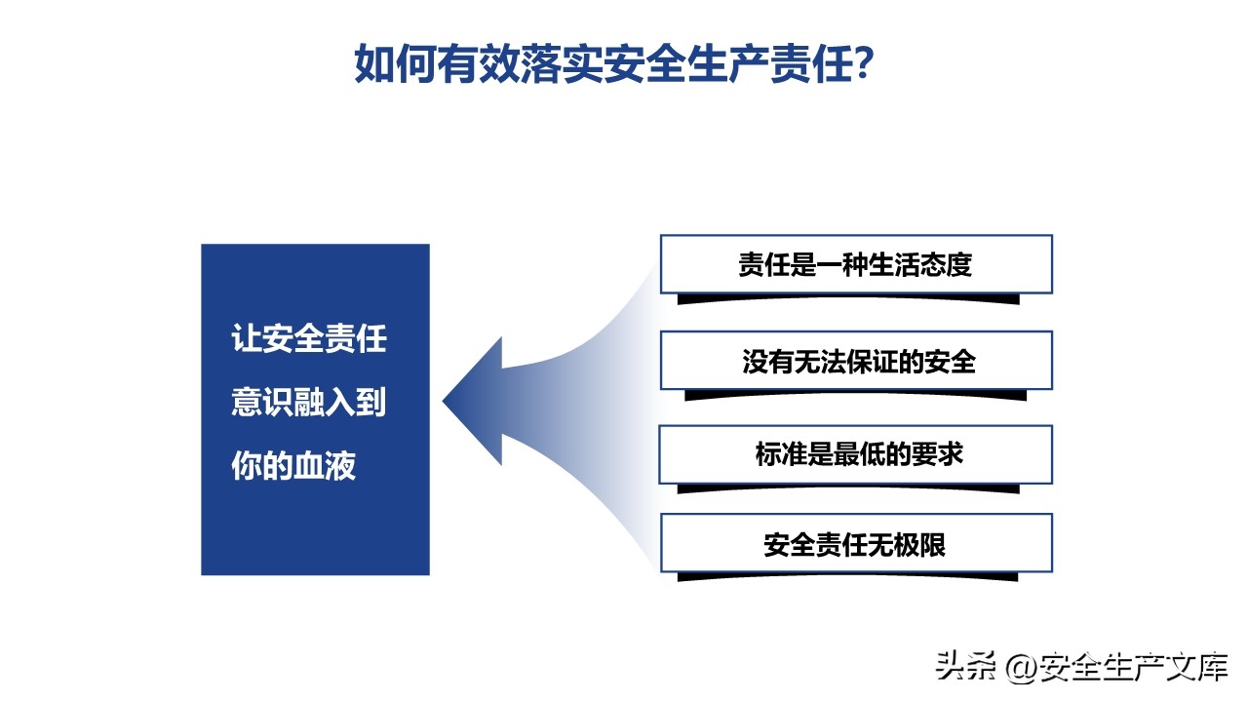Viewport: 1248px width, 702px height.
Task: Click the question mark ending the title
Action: tap(864, 63)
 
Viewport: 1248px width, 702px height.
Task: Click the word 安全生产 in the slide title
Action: tap(687, 63)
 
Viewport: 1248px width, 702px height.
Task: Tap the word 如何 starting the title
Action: tap(396, 63)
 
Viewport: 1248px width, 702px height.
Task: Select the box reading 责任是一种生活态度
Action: tap(856, 264)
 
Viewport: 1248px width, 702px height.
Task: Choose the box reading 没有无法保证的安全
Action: tap(856, 361)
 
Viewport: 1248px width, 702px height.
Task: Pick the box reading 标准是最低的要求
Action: tap(856, 454)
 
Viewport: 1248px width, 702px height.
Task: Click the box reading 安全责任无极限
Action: tap(856, 543)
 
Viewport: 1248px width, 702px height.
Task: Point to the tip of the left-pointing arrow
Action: tap(443, 401)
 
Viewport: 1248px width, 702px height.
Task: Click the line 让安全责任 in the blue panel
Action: tap(309, 338)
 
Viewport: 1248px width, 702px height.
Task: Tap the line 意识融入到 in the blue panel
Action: tap(309, 402)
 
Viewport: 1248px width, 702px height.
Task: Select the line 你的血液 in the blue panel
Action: tap(293, 465)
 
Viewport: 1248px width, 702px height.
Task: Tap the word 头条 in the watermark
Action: tap(965, 666)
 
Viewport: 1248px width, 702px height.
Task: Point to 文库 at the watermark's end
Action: tap(1196, 666)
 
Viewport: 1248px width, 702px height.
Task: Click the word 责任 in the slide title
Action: tap(812, 63)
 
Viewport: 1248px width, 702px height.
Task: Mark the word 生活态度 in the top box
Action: tap(920, 264)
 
